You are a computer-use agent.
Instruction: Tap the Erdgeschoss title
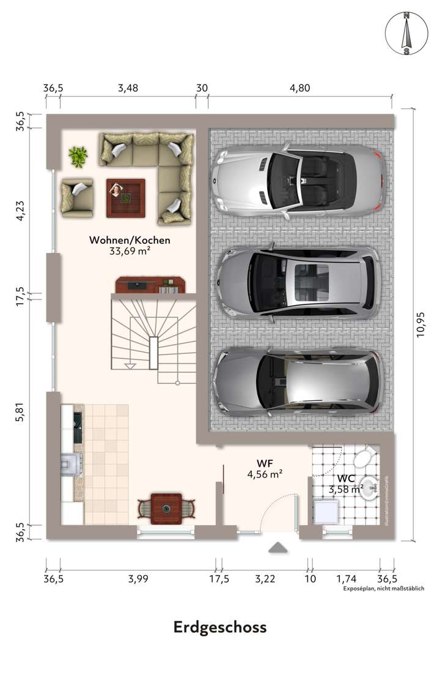pos(220,627)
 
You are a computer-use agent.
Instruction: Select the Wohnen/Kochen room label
pos(130,240)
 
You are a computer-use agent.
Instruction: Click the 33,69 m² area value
pos(130,251)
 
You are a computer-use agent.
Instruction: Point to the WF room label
pos(264,462)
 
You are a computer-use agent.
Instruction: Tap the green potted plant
pos(78,156)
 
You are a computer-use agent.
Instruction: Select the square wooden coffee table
pos(125,197)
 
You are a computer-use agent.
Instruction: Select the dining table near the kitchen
pos(166,507)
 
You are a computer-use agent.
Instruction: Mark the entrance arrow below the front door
pos(277,547)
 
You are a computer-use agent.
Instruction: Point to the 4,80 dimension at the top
pos(300,88)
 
